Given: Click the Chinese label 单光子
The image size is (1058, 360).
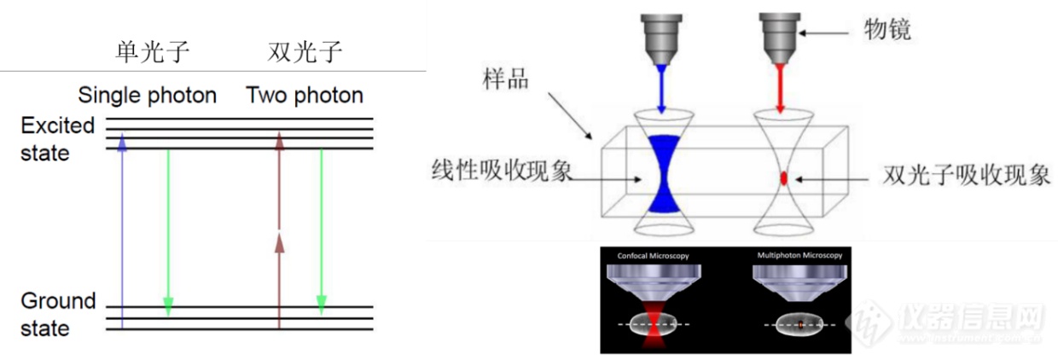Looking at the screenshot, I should click(x=152, y=53).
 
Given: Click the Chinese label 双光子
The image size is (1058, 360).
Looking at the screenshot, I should click(x=305, y=53).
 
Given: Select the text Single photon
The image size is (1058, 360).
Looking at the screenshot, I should click(x=147, y=95).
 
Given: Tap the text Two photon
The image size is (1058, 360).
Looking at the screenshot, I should click(x=305, y=95).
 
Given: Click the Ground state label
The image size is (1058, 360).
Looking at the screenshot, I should click(x=57, y=315).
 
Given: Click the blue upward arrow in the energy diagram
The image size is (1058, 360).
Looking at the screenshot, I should click(x=122, y=230).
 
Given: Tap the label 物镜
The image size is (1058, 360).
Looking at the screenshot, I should click(x=887, y=30).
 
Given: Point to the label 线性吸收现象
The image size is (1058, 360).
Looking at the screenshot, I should click(x=501, y=178).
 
